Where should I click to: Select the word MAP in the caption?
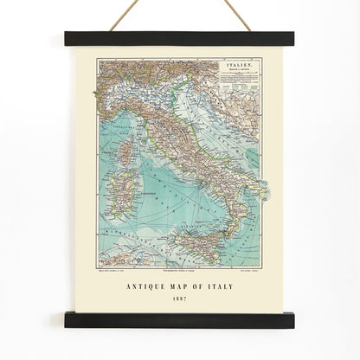coord(186,283)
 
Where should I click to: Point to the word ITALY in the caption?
coord(233,283)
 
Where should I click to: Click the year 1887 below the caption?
coord(179,298)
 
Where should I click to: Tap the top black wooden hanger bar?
coord(179,39)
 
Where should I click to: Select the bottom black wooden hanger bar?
coord(179,320)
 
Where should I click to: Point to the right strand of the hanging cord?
coord(235,16)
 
